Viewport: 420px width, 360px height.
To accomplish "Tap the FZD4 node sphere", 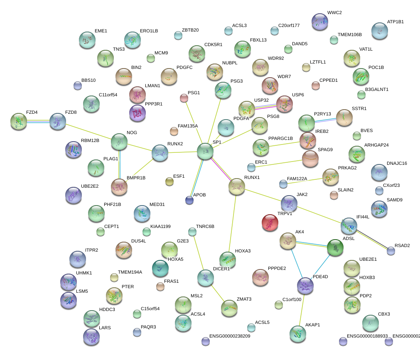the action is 19,121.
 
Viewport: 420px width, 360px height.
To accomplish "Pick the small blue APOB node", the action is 189,200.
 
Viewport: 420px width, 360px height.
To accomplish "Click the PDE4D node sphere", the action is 306,286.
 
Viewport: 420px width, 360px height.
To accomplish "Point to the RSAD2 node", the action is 391,250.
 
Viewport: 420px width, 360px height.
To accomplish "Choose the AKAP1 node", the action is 297,333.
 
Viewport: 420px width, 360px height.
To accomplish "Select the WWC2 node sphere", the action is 320,21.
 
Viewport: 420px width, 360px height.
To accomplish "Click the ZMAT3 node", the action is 229,308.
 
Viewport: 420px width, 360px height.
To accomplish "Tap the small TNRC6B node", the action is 192,231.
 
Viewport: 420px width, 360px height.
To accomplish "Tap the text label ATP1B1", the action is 395,22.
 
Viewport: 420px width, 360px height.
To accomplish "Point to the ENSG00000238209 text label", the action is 230,336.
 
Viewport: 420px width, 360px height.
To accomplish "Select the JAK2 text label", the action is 302,194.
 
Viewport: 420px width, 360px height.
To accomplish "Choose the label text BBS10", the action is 88,80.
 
